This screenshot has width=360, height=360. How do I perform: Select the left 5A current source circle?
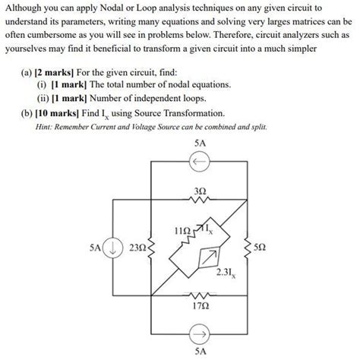click(112, 247)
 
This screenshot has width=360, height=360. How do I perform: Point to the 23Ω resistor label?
click(138, 247)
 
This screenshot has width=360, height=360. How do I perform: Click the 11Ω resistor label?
click(182, 229)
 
